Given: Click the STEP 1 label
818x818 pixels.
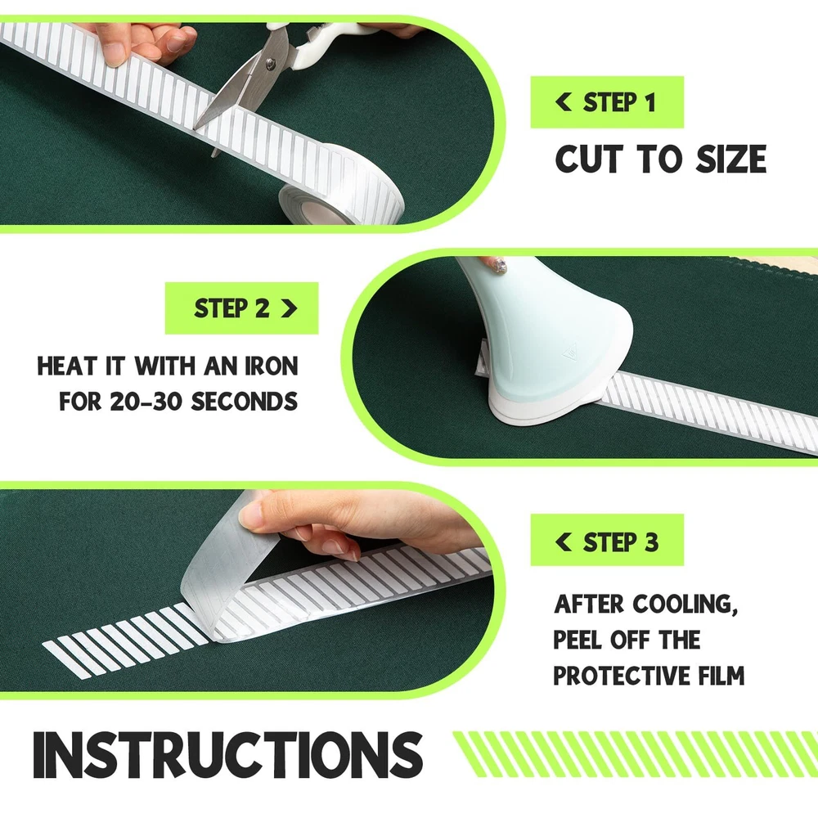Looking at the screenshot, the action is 607,102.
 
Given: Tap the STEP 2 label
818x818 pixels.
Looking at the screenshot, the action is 241,308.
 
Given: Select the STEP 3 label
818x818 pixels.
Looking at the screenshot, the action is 607,540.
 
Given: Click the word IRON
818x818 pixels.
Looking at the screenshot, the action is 272,366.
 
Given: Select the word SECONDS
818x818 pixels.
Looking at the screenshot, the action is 244,401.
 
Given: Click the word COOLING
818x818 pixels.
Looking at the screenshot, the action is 685,605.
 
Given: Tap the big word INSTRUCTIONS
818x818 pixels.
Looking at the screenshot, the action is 228,755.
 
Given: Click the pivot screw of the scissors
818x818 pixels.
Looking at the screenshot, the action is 270,64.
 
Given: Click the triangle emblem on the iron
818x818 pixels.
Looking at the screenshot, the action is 570,351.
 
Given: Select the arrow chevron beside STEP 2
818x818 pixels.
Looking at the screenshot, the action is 289,308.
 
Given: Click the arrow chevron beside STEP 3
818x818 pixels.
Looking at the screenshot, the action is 564,542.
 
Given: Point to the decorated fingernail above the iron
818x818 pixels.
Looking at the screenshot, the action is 498,265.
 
